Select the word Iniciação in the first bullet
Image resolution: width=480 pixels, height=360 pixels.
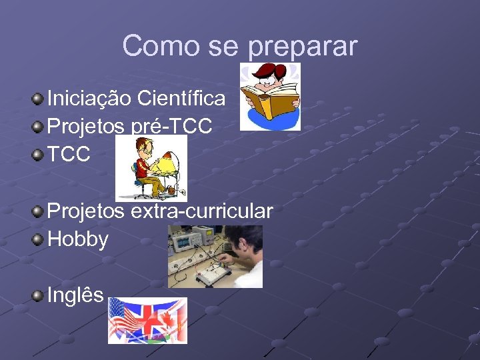click(89, 99)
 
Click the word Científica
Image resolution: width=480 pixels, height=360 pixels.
click(181, 99)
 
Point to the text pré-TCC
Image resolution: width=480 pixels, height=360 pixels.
click(172, 127)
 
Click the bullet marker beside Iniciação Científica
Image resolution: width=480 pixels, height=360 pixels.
click(39, 99)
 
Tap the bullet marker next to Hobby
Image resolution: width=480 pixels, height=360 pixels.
click(39, 239)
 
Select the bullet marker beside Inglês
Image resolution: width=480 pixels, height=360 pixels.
click(39, 295)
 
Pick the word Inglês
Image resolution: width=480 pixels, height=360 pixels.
click(75, 295)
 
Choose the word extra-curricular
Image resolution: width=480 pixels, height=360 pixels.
click(201, 211)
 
